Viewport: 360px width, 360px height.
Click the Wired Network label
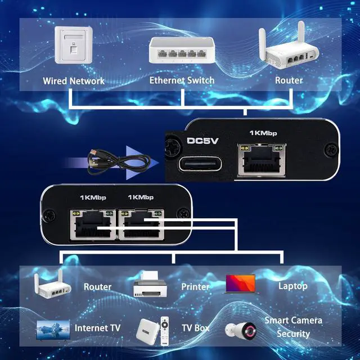point(74,81)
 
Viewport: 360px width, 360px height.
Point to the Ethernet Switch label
point(182,80)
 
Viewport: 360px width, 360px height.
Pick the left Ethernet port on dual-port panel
point(93,225)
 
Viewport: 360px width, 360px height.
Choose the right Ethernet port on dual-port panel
point(140,225)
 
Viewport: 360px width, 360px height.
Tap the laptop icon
point(240,285)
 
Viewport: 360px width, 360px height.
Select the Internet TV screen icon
point(53,329)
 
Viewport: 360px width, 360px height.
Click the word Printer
point(195,287)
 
